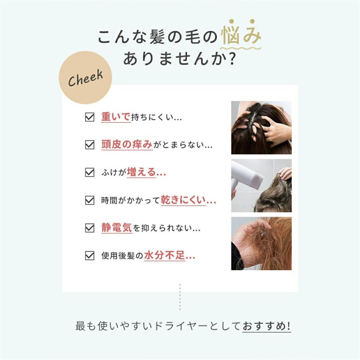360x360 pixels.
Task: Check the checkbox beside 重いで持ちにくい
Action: tap(90, 117)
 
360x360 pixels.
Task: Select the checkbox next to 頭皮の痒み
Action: tap(90, 145)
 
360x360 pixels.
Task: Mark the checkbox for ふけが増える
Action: tap(90, 173)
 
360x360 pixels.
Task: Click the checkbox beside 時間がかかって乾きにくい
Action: tap(90, 200)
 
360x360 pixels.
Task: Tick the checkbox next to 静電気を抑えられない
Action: tap(90, 228)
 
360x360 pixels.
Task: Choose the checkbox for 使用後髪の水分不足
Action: tap(90, 256)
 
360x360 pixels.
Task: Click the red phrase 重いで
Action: tap(116, 117)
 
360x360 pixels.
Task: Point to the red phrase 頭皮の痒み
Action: tap(127, 145)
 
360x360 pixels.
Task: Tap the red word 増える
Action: tap(141, 173)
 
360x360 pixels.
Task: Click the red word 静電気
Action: tap(116, 228)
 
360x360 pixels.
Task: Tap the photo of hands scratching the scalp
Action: tap(261, 128)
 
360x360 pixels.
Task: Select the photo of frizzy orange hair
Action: tap(261, 244)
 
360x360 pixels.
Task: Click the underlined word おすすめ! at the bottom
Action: tap(266, 326)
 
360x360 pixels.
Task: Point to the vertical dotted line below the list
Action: tap(180, 297)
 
